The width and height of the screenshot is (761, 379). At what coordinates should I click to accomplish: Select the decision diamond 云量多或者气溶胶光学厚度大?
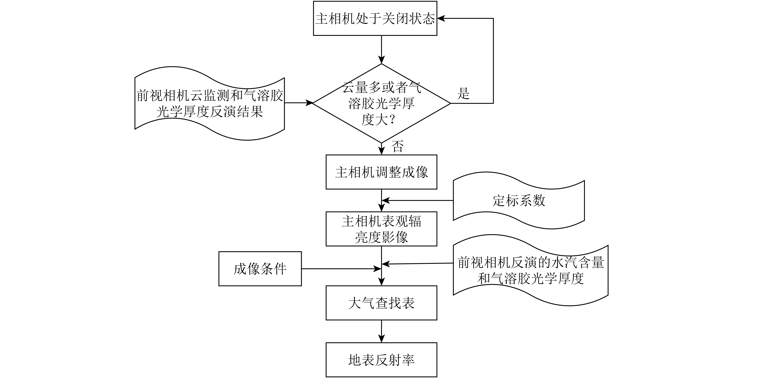[381, 103]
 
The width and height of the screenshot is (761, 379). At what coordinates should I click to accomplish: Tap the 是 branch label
[463, 94]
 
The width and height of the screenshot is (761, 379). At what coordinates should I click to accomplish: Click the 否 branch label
[397, 146]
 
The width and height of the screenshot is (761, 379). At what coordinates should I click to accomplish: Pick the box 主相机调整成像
[381, 172]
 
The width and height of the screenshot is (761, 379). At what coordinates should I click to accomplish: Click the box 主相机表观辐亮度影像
[381, 229]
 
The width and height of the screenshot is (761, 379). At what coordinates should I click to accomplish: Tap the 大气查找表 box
[381, 303]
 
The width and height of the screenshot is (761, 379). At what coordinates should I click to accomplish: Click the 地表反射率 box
[381, 360]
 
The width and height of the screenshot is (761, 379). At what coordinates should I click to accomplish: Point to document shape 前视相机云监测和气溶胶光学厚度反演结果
[209, 103]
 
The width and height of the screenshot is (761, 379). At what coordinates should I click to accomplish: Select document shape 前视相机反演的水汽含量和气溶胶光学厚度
[530, 270]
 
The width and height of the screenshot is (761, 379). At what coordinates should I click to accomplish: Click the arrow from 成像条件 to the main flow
[340, 269]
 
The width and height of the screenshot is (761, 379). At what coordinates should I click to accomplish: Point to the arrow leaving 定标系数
[417, 201]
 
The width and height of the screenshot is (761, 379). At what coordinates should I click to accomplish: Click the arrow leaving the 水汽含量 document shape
[417, 263]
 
